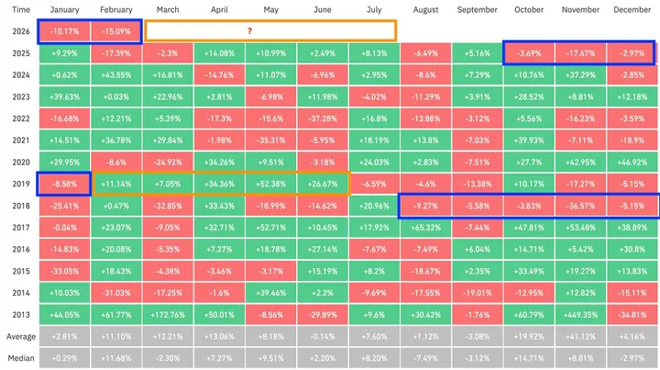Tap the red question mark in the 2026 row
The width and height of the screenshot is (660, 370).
[249, 30]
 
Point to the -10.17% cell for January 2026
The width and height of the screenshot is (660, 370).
[63, 30]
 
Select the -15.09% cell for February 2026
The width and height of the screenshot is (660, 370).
[115, 30]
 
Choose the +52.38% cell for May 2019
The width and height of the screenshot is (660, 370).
[271, 183]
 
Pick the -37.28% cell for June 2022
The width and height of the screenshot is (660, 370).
[323, 118]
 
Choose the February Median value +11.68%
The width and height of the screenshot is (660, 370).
[115, 357]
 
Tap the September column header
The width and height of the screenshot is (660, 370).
[478, 9]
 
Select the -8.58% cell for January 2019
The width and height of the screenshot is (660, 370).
[63, 183]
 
